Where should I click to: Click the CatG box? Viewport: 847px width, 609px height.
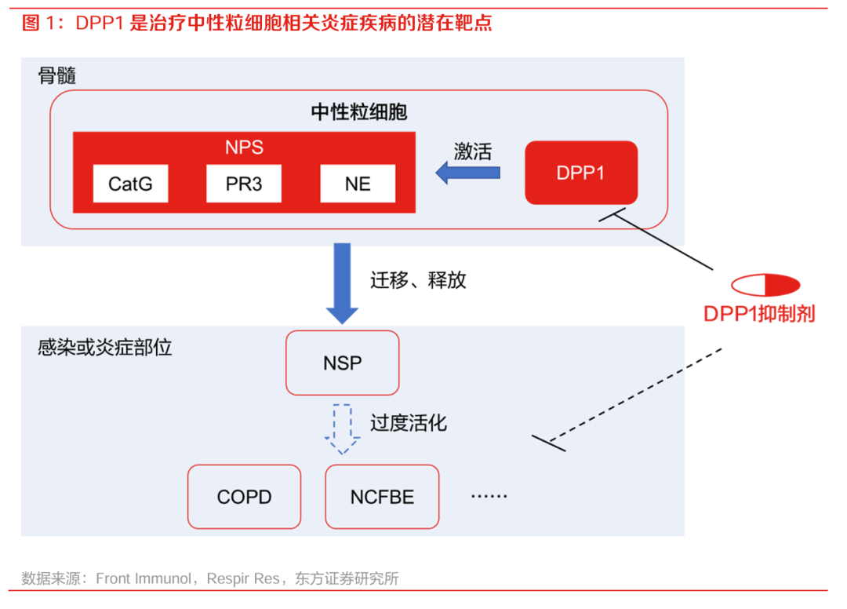[x=130, y=184]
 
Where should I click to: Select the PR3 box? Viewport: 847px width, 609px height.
[x=244, y=184]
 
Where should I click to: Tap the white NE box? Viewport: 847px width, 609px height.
[x=358, y=184]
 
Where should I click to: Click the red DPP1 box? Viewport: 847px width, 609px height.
[x=580, y=173]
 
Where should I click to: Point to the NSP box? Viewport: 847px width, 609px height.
[x=342, y=363]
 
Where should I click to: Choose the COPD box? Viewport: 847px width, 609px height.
[x=244, y=497]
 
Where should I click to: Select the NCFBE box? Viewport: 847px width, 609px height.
[x=382, y=497]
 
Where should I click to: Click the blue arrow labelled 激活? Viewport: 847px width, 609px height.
[x=468, y=173]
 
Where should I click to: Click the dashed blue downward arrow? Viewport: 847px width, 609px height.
[x=342, y=429]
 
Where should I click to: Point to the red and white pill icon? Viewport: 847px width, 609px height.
[x=765, y=284]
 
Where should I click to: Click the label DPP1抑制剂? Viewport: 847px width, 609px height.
[x=758, y=314]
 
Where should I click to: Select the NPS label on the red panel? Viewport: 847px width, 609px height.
[x=244, y=148]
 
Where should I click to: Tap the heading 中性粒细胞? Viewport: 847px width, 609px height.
[x=359, y=112]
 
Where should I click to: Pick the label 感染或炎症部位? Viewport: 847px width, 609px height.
[x=104, y=348]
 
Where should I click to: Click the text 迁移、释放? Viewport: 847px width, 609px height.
[x=418, y=280]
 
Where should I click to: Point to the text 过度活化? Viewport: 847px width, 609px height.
[x=409, y=423]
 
